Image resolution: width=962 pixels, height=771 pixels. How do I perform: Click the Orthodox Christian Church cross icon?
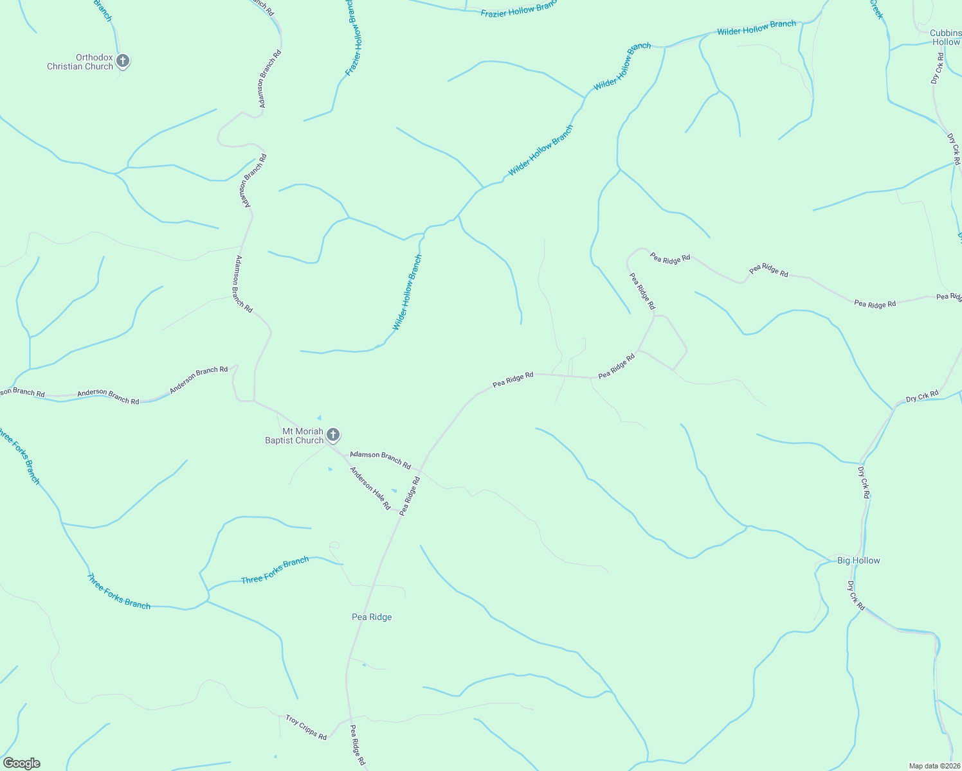tap(123, 61)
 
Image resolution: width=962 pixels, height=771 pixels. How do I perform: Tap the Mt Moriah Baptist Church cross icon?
tap(333, 435)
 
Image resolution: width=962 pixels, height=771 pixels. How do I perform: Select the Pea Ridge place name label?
tap(372, 617)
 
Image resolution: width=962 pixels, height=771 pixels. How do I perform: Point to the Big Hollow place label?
tap(858, 560)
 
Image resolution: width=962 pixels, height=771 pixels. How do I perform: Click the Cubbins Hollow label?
tap(945, 37)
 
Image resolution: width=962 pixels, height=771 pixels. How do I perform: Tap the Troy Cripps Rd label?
tap(307, 727)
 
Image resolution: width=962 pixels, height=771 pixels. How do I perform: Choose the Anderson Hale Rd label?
tap(370, 488)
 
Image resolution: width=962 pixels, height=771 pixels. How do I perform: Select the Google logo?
tap(22, 763)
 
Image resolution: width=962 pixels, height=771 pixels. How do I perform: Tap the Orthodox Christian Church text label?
tap(80, 62)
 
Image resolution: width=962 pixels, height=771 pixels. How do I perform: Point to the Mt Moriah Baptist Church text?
tap(295, 436)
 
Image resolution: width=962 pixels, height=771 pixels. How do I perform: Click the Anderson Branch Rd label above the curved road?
tap(199, 380)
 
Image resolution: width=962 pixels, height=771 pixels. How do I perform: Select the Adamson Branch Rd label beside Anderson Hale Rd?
tap(380, 459)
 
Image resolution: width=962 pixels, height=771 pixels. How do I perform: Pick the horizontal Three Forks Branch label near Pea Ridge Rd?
tap(275, 571)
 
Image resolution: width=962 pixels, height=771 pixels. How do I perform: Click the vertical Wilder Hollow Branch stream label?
tap(407, 293)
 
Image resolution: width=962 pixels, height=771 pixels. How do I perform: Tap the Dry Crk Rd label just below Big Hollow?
tap(856, 595)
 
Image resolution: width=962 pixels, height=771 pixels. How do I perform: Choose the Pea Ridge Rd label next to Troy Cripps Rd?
tap(358, 745)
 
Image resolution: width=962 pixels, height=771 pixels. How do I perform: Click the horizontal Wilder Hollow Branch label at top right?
tap(756, 28)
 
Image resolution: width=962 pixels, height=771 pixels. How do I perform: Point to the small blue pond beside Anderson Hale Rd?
tap(394, 491)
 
